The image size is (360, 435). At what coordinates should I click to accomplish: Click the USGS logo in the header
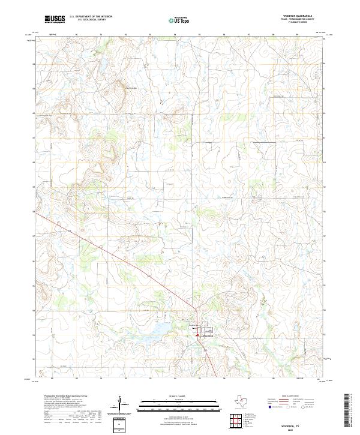pos(55,19)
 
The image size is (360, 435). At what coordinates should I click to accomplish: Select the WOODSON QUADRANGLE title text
pos(302,16)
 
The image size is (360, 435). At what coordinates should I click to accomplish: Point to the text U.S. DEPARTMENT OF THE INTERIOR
pos(91,17)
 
